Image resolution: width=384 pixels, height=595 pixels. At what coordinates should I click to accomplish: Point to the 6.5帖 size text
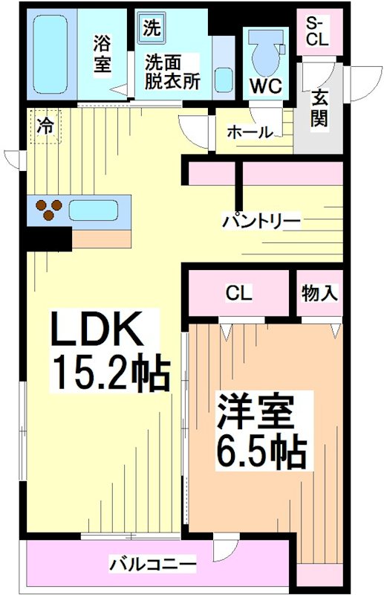(x=261, y=448)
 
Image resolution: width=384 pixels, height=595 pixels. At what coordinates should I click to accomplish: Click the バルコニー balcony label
(x=154, y=563)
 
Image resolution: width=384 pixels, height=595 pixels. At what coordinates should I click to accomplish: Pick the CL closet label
(x=239, y=293)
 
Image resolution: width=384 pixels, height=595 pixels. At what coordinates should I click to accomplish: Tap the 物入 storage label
(x=320, y=293)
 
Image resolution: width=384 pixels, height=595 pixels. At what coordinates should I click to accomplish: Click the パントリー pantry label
(x=262, y=220)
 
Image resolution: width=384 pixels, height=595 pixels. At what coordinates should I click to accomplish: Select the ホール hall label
(x=249, y=133)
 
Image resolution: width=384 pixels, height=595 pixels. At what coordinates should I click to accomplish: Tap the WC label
(x=265, y=86)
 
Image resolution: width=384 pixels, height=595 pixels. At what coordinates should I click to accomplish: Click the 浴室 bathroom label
(x=102, y=54)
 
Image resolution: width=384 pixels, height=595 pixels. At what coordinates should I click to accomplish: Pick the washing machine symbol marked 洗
(x=151, y=30)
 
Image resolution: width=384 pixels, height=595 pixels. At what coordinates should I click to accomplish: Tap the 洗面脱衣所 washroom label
(x=172, y=72)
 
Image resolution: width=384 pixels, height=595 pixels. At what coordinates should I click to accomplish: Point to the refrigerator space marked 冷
(x=45, y=126)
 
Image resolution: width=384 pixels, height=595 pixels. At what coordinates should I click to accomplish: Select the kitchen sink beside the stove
(x=93, y=210)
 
